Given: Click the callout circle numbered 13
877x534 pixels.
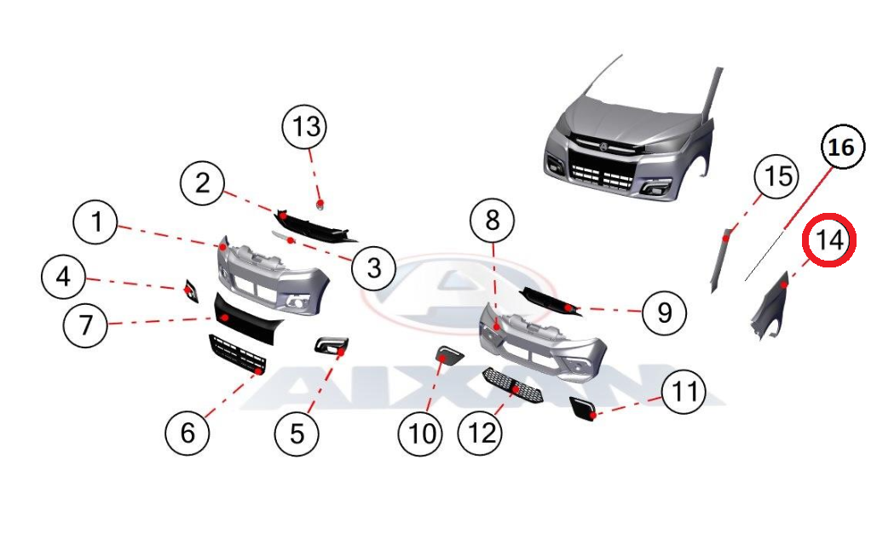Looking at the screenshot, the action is point(305,127).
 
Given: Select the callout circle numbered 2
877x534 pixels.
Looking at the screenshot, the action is point(203,183).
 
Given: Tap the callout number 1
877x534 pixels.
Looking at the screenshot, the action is point(96,221).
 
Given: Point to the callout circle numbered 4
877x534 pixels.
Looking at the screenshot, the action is point(64,278).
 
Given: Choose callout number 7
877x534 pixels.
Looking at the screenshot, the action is point(85,325).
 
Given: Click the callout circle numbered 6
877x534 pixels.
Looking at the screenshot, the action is point(188,434).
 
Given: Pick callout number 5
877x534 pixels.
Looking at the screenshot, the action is point(297,434).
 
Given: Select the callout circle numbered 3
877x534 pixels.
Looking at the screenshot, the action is point(373,267).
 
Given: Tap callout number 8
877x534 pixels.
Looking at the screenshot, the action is point(493,221).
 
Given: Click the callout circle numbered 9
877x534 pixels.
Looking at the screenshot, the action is point(665,313).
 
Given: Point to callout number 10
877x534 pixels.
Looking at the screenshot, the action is point(421,434).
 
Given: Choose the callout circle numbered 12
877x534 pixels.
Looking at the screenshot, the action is point(480,434).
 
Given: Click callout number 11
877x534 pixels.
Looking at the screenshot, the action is point(684,392).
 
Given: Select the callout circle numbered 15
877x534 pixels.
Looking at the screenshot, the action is point(777,176).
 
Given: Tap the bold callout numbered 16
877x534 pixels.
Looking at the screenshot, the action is point(842,147).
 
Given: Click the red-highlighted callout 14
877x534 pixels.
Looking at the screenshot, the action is point(829,240).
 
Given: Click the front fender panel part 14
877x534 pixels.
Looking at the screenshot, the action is point(774,308).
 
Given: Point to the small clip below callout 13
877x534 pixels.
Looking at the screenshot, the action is point(320,205).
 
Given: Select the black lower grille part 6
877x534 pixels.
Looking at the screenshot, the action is point(237,354).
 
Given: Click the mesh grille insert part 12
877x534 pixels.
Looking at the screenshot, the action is point(512,386).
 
